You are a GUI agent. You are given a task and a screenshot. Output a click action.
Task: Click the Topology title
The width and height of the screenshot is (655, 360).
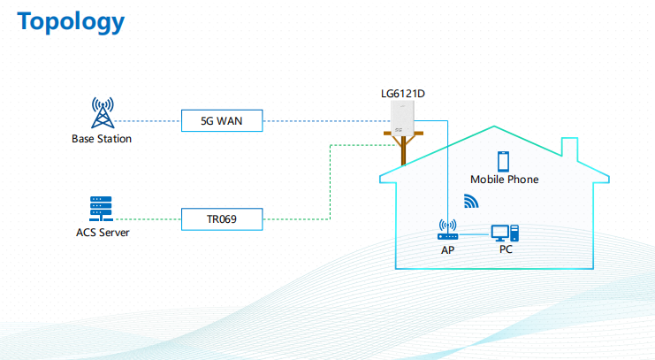[71, 22]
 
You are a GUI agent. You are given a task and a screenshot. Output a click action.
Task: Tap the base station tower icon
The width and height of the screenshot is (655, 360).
[103, 113]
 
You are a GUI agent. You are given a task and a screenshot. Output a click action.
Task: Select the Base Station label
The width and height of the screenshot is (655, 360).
[102, 139]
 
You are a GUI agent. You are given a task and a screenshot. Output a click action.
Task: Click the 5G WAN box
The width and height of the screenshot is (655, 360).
[222, 121]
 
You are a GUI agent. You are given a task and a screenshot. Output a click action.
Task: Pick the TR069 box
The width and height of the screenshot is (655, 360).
[222, 219]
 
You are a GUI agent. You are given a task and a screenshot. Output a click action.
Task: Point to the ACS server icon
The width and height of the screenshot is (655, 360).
[101, 209]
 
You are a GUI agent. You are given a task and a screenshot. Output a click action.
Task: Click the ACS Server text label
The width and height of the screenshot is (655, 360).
[103, 233]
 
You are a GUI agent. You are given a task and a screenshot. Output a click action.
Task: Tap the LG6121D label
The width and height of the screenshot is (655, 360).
[403, 94]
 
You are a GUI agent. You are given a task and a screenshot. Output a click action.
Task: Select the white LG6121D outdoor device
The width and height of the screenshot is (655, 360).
[402, 118]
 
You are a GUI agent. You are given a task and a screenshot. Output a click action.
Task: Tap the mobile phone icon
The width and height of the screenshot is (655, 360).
[503, 161]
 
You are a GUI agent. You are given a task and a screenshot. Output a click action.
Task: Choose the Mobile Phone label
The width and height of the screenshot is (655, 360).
[504, 180]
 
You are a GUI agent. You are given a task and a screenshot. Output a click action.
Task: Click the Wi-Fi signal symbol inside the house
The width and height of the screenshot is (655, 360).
[471, 201]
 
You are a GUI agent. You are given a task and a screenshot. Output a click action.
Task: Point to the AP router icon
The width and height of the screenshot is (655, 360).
[448, 230]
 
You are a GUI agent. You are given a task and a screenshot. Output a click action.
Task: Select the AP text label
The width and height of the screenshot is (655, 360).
[447, 250]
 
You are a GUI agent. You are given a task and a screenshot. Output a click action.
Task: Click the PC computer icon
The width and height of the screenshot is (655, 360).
[505, 234]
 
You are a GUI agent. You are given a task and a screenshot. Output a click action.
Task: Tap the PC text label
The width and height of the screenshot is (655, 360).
[506, 249]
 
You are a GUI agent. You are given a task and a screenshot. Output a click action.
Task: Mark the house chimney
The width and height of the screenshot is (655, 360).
[569, 149]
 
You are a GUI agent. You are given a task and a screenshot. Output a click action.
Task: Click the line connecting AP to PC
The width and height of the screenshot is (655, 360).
[475, 234]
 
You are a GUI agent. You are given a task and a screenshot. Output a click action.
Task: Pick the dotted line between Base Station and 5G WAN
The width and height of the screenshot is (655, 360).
[148, 121]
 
